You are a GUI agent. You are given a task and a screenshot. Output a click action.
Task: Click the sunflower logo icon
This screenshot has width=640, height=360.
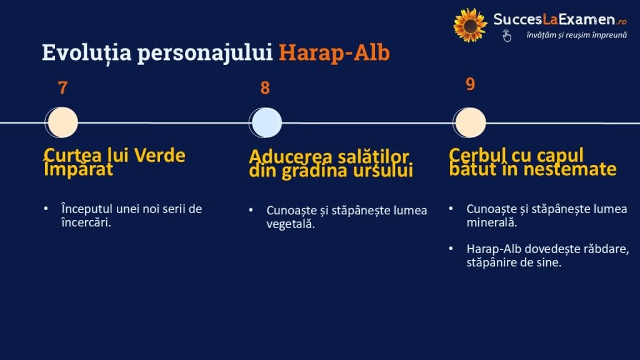click(x=470, y=25)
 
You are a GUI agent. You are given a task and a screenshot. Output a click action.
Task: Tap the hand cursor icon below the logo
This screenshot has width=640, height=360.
click(x=506, y=36)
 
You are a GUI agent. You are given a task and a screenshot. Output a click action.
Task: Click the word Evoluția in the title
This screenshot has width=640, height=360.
click(x=86, y=53)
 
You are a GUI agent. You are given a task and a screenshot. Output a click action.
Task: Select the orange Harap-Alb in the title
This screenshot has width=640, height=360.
click(x=334, y=52)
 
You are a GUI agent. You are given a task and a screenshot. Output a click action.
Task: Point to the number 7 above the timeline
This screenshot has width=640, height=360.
click(x=62, y=87)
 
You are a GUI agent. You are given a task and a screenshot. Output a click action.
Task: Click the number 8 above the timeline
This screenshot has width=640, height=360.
click(x=265, y=87)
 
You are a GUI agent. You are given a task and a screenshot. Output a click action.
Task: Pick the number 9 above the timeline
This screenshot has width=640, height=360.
click(x=470, y=84)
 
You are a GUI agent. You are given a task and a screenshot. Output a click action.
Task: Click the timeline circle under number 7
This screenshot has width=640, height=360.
click(x=62, y=122)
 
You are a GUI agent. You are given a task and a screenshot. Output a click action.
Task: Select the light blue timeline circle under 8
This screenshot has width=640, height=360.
click(x=265, y=122)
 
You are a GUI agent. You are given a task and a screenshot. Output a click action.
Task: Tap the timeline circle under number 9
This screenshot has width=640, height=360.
click(x=469, y=122)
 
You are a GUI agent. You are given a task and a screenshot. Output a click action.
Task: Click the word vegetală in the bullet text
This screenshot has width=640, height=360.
click(x=290, y=224)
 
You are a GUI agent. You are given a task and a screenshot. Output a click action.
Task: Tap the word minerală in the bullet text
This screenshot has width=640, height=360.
click(x=491, y=223)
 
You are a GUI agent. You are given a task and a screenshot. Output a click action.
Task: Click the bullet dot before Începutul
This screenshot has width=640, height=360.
click(x=46, y=209)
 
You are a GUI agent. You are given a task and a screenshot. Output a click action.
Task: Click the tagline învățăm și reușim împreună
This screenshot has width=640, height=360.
click(x=577, y=35)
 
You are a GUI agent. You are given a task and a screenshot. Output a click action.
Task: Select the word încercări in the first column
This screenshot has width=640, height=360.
click(x=86, y=223)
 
